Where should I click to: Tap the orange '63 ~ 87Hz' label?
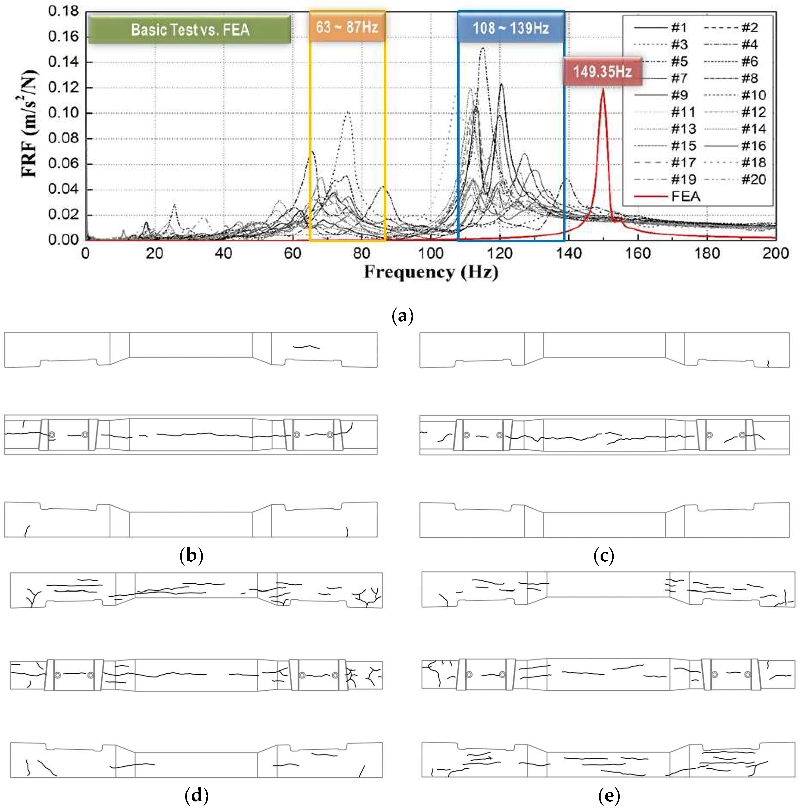point(347,27)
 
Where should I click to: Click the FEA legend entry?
point(685,196)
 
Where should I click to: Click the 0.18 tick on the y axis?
point(63,11)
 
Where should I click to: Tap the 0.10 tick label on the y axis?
point(63,113)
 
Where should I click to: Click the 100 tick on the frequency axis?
point(431,253)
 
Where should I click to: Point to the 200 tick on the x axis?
point(775,253)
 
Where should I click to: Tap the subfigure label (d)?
point(196,795)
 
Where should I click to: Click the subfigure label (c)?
point(604,555)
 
